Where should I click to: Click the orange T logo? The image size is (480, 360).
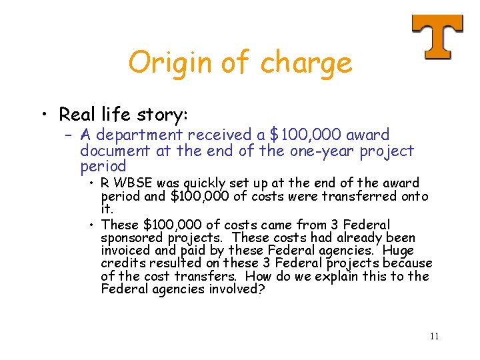click(437, 37)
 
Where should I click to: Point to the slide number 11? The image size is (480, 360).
click(434, 336)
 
